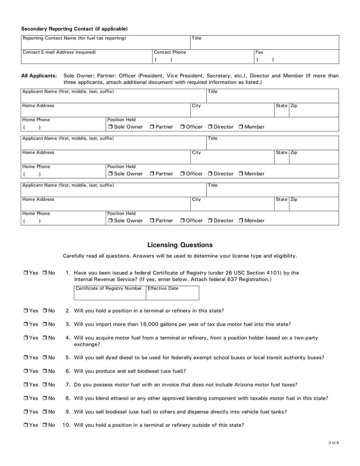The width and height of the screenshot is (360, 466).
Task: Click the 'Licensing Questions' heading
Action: [180, 245]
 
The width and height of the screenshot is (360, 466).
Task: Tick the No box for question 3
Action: [45, 324]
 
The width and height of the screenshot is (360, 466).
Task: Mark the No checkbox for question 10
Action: [45, 425]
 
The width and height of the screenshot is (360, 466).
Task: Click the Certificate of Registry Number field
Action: [109, 295]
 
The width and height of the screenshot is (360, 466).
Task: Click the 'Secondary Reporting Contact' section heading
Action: [74, 29]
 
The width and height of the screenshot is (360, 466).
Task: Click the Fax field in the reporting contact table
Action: [296, 59]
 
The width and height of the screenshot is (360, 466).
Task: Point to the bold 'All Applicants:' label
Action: [39, 76]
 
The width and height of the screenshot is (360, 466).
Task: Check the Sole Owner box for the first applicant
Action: [110, 127]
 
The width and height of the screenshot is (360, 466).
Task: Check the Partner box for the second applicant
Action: [152, 174]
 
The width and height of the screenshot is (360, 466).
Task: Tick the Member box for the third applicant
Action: [241, 221]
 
